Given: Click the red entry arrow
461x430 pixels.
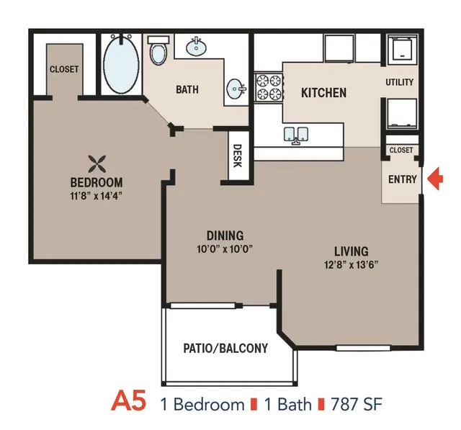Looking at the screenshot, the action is [435, 179].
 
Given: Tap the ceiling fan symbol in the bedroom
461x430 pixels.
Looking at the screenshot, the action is [97, 164].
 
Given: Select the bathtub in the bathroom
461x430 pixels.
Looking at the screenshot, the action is [121, 64].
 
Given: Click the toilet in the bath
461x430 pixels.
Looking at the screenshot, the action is [158, 50].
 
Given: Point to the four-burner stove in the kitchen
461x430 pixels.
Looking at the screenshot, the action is [269, 87].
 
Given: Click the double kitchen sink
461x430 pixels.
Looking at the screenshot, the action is [296, 135].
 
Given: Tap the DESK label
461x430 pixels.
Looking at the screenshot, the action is [237, 156].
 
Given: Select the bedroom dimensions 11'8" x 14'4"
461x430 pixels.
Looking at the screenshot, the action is [96, 196].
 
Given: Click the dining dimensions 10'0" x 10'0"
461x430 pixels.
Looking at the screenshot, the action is [225, 249].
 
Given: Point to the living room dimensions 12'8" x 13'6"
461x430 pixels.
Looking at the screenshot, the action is [351, 265].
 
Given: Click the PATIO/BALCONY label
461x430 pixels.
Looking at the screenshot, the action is [225, 349].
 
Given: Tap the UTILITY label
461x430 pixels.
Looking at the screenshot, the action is [400, 82].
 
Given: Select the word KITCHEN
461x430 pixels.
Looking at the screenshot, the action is [323, 93].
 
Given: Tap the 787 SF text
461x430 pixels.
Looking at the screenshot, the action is [357, 404].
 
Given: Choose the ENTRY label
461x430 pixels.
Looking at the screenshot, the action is [403, 179].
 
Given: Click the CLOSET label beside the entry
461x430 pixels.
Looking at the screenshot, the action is [401, 151].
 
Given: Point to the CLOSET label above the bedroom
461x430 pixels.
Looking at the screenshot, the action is [64, 69].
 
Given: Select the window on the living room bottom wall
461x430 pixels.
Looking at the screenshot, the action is [363, 348].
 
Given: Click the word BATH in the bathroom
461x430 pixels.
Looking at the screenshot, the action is [187, 89].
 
